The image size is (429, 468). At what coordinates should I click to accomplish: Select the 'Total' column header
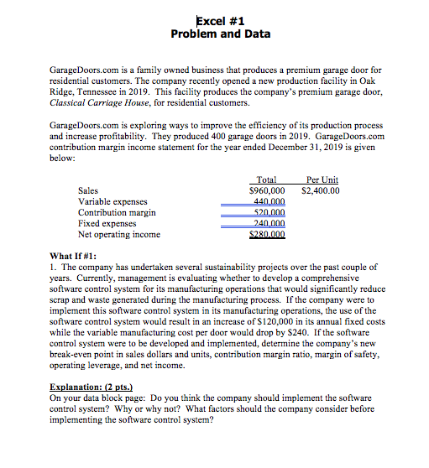[266, 180]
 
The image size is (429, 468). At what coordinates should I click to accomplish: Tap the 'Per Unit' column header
[324, 180]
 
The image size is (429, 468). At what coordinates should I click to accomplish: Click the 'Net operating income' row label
[118, 235]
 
